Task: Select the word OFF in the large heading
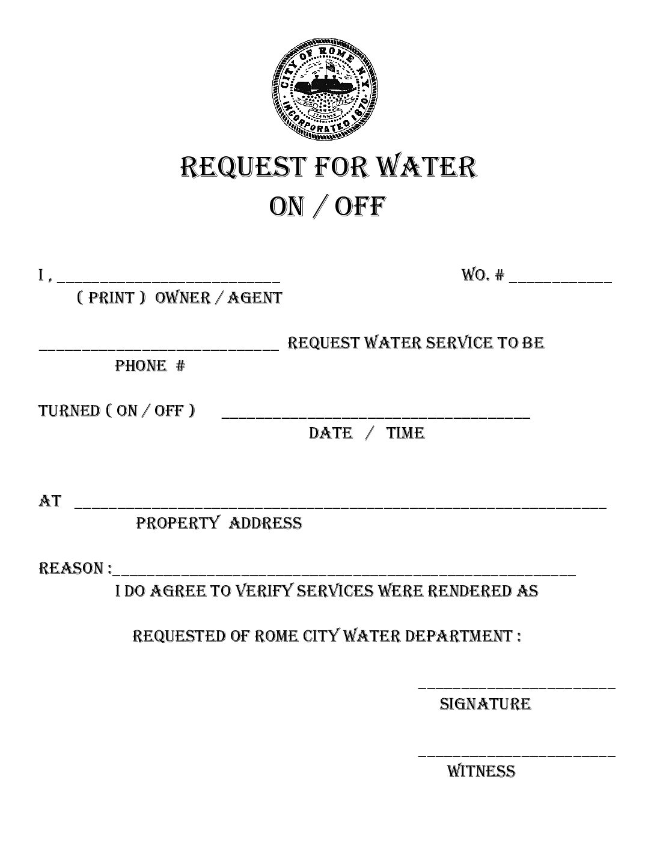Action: click(x=359, y=207)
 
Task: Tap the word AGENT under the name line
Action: click(x=254, y=298)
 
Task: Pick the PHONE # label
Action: click(x=150, y=366)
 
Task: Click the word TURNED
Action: click(x=69, y=411)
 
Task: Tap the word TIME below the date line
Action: click(x=405, y=433)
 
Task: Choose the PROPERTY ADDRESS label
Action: click(x=219, y=523)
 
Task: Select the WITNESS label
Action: click(x=481, y=771)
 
